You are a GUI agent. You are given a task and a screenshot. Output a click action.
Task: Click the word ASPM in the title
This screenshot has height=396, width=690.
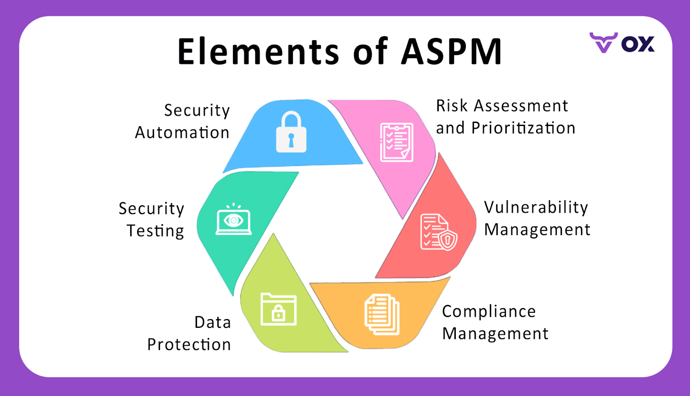[x=452, y=52]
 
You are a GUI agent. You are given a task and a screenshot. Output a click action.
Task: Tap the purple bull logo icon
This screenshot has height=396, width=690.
[x=603, y=42]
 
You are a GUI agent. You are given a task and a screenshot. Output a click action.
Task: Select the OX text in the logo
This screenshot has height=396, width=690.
[x=638, y=44]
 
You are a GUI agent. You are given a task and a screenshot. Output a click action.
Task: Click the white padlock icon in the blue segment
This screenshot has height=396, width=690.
[x=291, y=132]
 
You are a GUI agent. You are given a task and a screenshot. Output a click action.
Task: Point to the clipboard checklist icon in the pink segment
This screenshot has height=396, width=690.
[x=396, y=142]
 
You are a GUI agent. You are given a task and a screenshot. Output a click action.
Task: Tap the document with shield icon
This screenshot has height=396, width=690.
[x=438, y=232]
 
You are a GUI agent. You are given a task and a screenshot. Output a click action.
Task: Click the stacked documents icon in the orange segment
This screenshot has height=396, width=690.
[x=382, y=314]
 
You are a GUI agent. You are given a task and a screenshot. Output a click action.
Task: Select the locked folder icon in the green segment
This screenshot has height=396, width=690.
[x=279, y=309]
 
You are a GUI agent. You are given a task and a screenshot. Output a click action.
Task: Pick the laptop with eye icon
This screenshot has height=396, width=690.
[x=233, y=220]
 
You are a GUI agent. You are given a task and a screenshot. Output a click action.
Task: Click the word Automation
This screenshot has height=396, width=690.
[x=182, y=133]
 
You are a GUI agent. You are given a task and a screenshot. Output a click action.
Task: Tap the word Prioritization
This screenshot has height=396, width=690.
[x=523, y=128]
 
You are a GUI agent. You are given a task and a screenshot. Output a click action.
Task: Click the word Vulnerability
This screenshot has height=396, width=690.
[x=536, y=207]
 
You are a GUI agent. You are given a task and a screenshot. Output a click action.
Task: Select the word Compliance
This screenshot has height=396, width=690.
[x=489, y=311]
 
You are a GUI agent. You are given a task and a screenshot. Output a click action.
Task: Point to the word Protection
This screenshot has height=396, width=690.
[x=189, y=345]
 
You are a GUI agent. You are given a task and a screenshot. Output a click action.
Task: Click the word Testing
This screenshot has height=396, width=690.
[x=155, y=231]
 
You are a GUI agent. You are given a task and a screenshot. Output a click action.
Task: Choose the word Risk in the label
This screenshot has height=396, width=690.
[x=452, y=106]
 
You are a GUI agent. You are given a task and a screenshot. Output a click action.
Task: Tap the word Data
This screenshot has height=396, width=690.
[x=213, y=322]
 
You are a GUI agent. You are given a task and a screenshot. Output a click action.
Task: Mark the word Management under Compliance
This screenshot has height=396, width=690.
[x=495, y=334]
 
